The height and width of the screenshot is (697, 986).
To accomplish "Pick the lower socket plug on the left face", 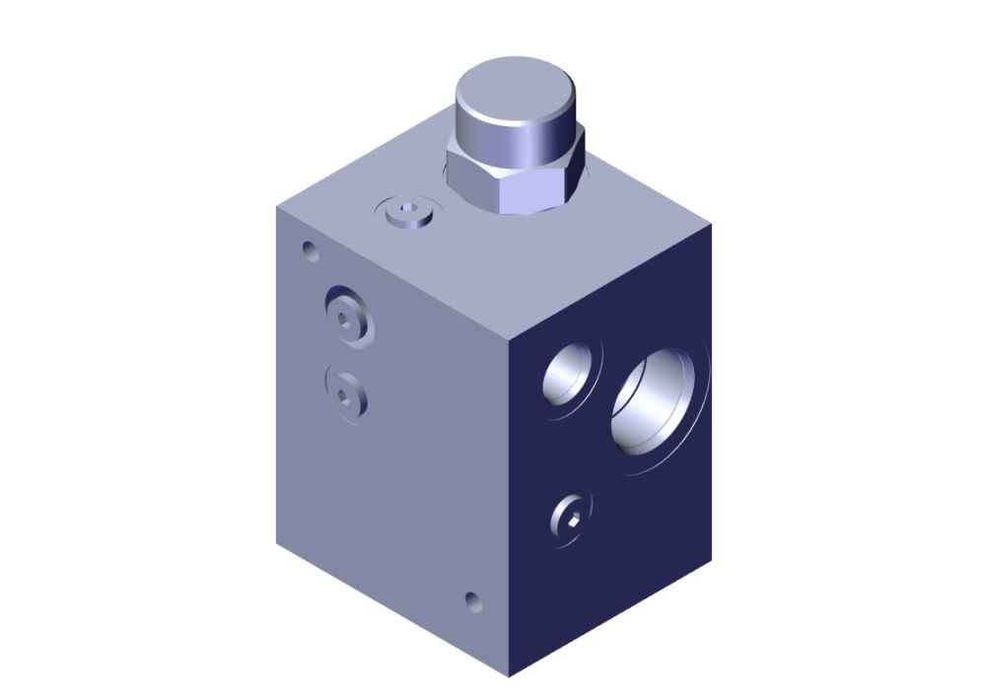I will coord(344,393).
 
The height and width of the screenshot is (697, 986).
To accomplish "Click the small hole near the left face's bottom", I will coord(474,600).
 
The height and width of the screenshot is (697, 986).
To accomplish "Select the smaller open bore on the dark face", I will coord(571,376).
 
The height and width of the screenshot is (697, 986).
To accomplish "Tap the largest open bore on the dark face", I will coord(659,400).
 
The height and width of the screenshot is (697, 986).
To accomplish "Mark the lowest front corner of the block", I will coord(509,676).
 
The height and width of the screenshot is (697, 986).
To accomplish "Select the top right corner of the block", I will coord(711,225).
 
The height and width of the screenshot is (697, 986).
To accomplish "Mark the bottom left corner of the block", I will coord(278,545).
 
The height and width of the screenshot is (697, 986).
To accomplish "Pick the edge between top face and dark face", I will coord(611,278).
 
